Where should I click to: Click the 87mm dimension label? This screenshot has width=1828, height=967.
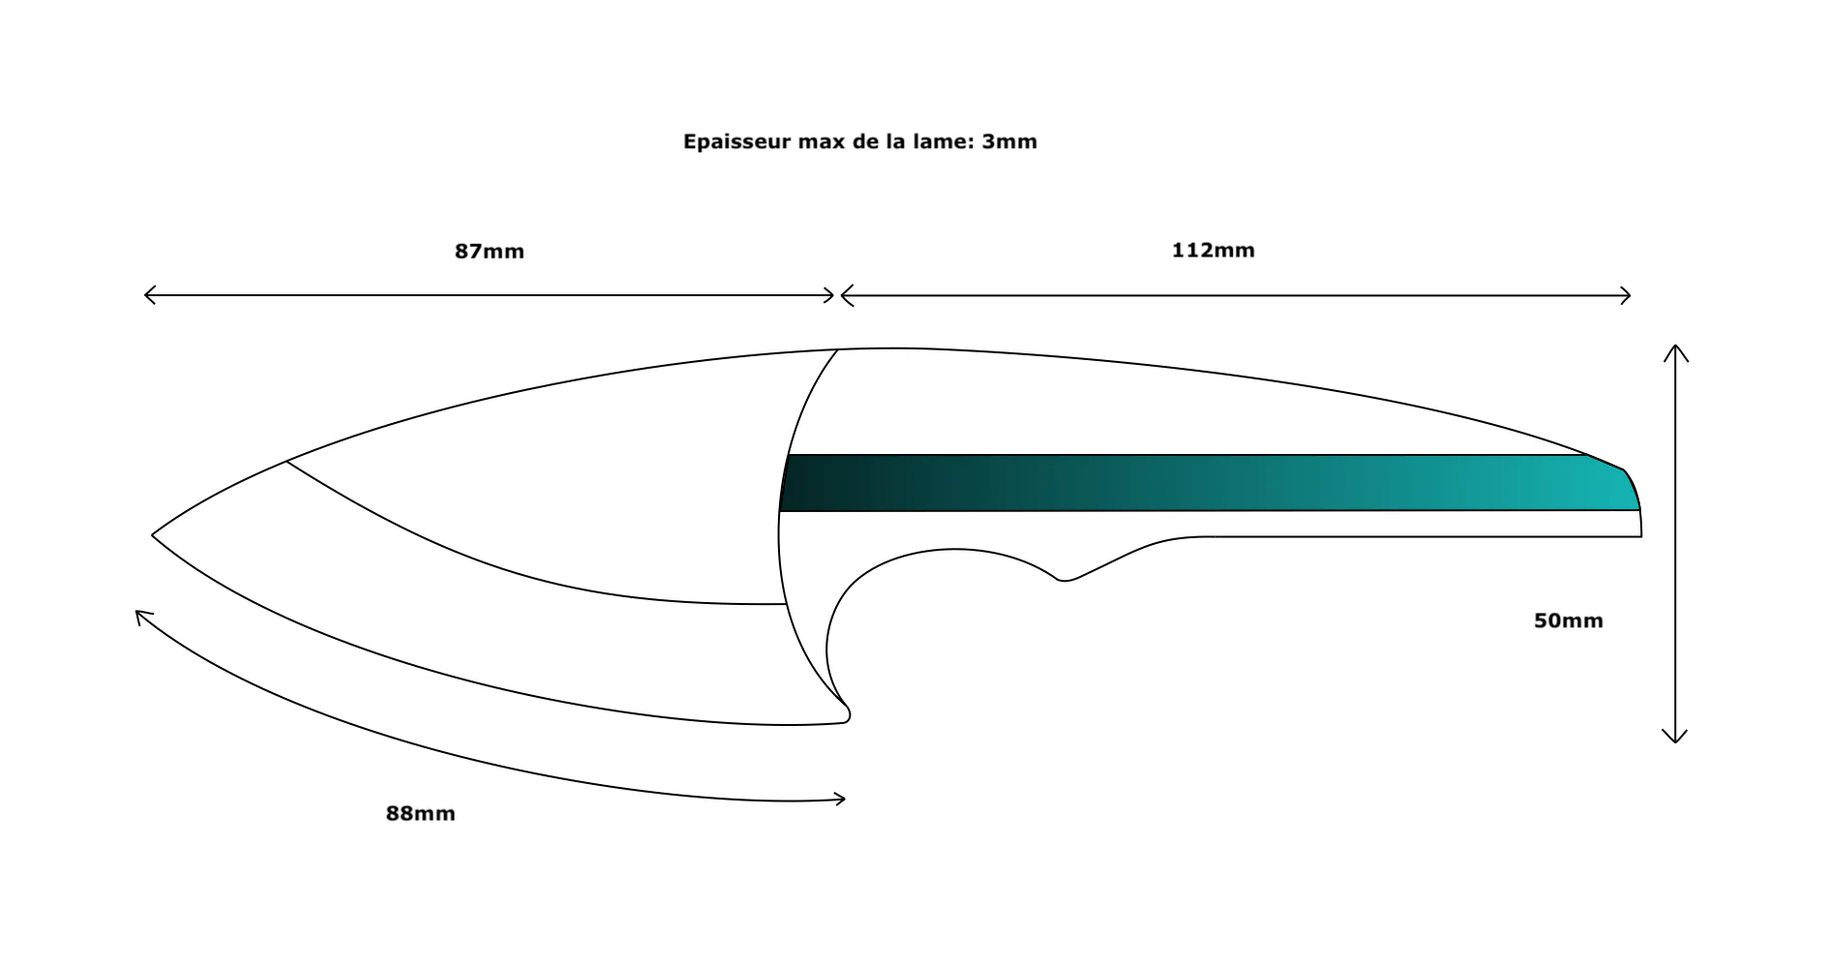click(490, 252)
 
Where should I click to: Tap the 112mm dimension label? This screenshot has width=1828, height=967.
click(1214, 251)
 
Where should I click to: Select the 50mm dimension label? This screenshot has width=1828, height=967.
click(1569, 621)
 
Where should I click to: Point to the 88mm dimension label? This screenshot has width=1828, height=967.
click(421, 814)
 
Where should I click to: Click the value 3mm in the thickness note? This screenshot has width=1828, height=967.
click(1009, 142)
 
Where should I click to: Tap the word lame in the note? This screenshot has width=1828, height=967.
click(937, 142)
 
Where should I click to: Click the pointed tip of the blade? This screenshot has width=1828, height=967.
click(153, 534)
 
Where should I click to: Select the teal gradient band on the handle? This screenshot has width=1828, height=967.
click(1210, 482)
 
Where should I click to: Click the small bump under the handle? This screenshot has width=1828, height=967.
click(1064, 579)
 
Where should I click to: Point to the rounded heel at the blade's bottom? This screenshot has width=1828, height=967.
click(846, 714)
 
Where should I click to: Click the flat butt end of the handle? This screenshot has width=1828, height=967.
click(1641, 523)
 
